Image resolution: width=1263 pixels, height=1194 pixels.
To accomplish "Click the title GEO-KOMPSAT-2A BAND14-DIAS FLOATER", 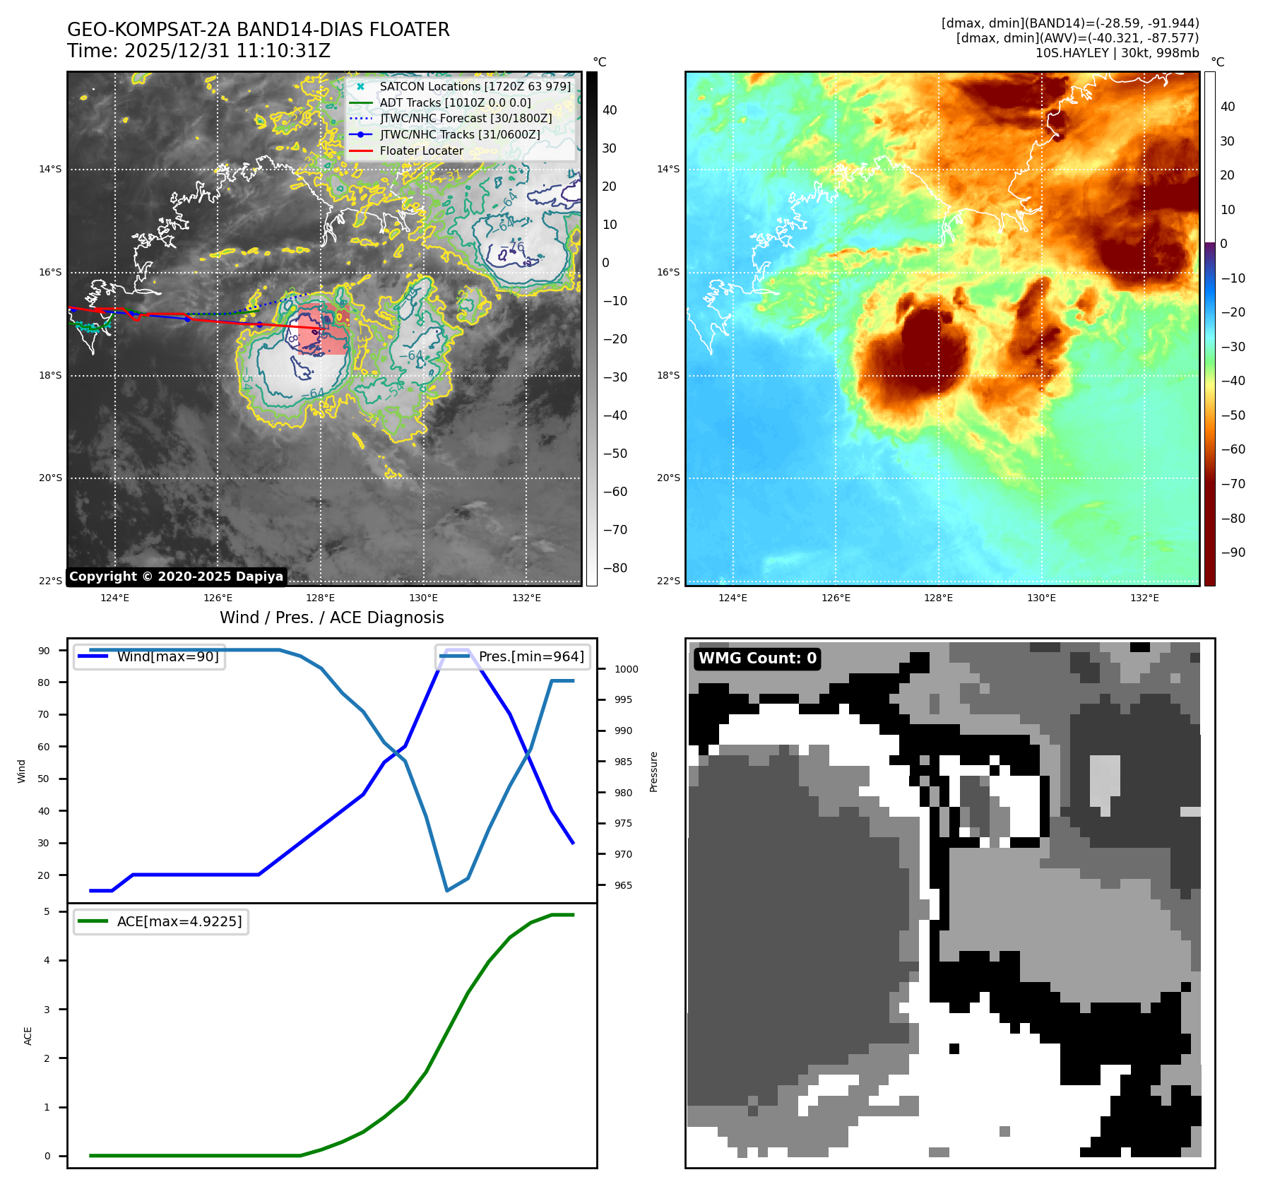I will coord(258,30).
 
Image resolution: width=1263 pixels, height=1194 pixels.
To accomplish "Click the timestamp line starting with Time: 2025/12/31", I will coord(198,51).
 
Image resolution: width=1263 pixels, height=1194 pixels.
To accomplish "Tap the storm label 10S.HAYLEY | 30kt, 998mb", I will coord(1117,53).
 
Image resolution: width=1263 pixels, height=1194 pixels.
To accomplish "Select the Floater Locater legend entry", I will coord(421,150).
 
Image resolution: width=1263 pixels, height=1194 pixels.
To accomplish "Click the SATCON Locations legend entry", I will coord(475,86).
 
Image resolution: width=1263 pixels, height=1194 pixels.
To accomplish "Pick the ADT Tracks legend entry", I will coord(455,102).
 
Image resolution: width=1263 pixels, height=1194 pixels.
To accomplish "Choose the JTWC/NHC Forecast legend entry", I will coord(466,118).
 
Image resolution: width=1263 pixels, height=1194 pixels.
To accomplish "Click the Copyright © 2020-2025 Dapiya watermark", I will coord(176,577).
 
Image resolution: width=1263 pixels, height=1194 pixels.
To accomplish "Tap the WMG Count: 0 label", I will coord(757,658).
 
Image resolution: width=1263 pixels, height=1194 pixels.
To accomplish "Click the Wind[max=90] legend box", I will coord(150,656).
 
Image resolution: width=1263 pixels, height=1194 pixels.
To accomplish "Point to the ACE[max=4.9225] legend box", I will coord(161,921).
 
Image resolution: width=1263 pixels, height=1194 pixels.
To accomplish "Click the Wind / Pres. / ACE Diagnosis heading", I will coord(332,617).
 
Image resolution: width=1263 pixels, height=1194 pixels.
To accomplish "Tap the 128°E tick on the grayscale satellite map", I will coord(320,598).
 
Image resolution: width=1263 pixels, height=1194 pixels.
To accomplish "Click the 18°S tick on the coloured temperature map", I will coord(668,375).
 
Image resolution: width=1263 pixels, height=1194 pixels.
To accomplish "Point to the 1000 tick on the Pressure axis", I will coord(626,669).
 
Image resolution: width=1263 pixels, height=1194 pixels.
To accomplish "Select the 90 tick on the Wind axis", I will coord(44,651).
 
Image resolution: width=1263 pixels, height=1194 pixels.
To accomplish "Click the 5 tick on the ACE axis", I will coord(47,911).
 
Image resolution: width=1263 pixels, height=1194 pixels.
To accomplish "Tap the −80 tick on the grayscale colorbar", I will coord(615,568).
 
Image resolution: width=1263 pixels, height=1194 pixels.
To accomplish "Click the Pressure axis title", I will coord(653,772).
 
